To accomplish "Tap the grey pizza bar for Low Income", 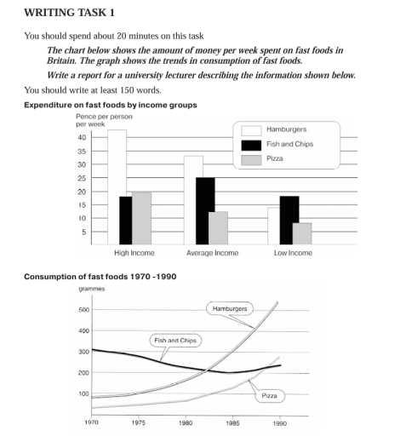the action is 302,234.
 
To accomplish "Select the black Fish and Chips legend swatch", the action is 251,144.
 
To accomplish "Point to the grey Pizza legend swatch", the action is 251,158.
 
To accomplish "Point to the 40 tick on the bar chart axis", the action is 81,137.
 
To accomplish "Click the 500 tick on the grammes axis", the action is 83,310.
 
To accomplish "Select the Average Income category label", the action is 211,253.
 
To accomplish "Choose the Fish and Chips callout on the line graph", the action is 174,340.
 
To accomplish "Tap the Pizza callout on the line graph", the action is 269,396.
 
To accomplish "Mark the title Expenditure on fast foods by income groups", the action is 111,105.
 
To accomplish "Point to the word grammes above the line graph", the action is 91,290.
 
